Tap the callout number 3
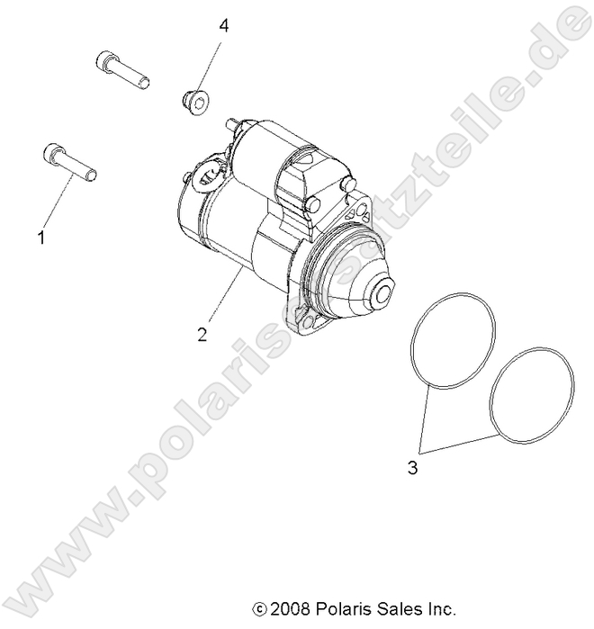(411, 468)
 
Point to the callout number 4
(223, 26)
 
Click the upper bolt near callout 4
(121, 70)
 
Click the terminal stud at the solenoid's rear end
(232, 123)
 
